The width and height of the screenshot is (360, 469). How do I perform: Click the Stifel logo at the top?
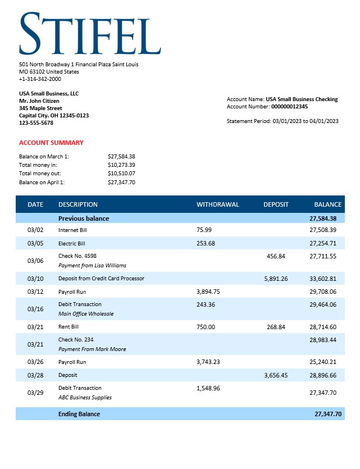[90, 33]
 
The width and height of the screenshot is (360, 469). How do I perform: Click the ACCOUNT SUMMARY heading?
[51, 143]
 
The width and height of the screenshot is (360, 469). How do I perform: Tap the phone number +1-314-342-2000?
[40, 79]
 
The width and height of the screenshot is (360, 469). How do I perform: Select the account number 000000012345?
[289, 106]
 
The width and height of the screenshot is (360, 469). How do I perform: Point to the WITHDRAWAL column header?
[217, 204]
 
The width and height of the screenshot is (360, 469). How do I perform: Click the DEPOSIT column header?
[276, 204]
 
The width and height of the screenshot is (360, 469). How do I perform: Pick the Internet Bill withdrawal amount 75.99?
[204, 230]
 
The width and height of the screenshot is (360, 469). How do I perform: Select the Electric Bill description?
[71, 244]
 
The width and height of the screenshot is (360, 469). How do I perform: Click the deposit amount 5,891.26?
[275, 279]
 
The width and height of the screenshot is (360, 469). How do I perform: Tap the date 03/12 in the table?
[35, 292]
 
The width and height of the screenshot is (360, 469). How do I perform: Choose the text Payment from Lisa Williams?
[92, 265]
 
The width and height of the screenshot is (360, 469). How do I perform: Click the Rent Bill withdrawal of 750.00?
[206, 327]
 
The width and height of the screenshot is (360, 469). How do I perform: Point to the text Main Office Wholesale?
[86, 314]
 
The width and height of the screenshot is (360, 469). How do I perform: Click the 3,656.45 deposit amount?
[275, 375]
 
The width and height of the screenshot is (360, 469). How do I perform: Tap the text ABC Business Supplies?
[85, 398]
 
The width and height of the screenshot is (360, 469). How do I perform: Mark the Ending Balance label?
[79, 414]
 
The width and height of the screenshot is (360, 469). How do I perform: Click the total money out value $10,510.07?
[121, 174]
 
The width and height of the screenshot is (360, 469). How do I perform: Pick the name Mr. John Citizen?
[39, 101]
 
